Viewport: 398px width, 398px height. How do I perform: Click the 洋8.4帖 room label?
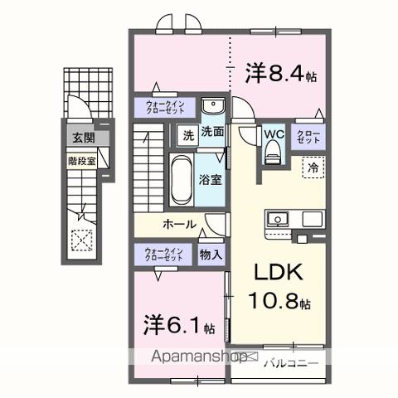tap(280, 73)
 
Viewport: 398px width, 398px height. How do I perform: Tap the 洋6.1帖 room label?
tap(179, 324)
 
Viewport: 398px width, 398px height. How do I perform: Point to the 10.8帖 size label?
tap(282, 303)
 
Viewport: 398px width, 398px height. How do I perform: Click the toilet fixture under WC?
tap(274, 153)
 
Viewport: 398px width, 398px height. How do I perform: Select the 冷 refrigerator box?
tap(313, 167)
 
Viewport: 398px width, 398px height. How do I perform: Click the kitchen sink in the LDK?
tap(278, 220)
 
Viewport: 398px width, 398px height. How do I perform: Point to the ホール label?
tap(179, 224)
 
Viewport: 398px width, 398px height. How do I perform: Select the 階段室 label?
tap(80, 161)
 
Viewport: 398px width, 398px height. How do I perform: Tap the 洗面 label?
tap(212, 131)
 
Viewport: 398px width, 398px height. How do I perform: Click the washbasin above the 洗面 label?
tap(214, 108)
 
